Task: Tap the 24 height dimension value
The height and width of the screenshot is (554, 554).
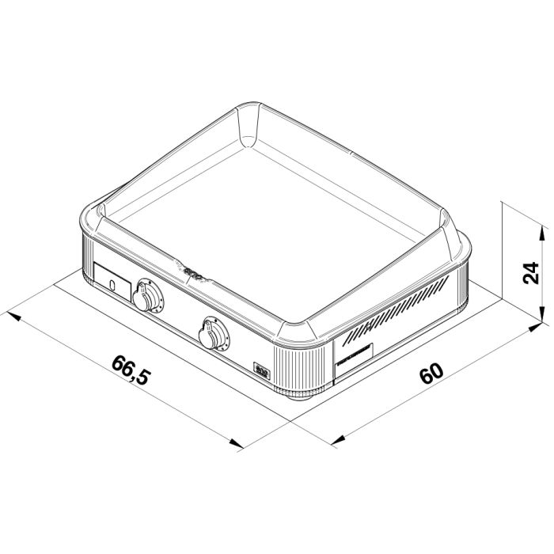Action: (x=532, y=272)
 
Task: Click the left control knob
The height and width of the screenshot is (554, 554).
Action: (x=148, y=297)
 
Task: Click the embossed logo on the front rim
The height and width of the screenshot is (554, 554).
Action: (x=193, y=272)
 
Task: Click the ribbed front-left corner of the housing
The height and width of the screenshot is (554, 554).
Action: (x=85, y=253)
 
